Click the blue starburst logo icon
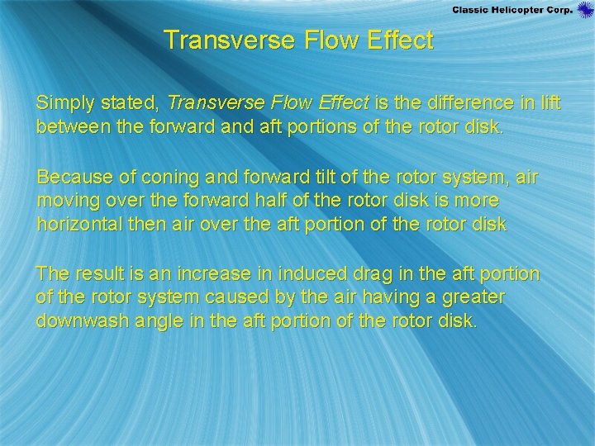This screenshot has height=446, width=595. point(585,9)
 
